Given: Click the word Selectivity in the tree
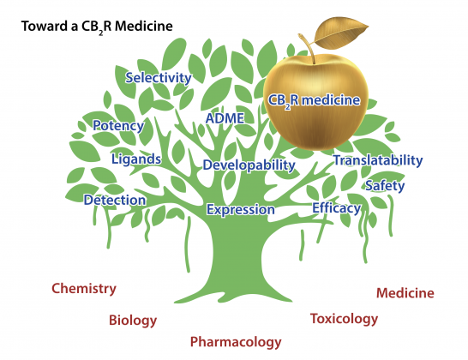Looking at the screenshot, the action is (159, 78).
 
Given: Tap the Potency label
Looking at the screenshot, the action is (118, 126).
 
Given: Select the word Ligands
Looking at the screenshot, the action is (136, 159).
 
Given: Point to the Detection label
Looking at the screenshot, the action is (115, 200).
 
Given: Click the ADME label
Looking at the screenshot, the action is (225, 118).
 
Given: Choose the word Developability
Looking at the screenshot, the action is (249, 165).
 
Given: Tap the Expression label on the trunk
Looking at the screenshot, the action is (241, 209).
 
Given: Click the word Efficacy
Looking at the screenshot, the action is (336, 208).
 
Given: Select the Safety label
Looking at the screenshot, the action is (385, 186).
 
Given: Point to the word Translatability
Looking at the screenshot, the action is (378, 160).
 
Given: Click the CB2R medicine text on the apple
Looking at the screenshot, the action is (314, 100).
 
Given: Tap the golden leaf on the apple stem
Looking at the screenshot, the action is (341, 33).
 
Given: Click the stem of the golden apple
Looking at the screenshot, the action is (309, 48).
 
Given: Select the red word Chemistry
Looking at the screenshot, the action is (84, 289).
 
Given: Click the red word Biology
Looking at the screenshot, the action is (133, 321).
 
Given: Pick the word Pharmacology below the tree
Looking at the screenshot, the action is (236, 342).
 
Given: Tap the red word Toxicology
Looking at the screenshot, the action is (344, 319).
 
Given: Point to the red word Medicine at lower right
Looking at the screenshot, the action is (405, 293).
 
